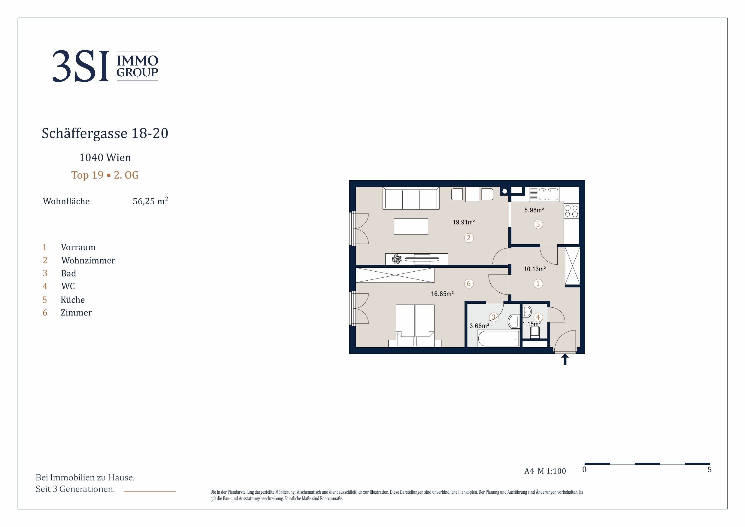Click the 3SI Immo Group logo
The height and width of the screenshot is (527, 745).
[x=105, y=66]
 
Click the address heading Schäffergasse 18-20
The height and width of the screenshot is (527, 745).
[x=105, y=133]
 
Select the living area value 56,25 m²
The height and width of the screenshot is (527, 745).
[x=150, y=201]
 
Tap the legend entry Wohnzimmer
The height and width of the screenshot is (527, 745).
[x=88, y=260]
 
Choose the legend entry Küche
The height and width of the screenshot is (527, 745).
[x=73, y=300]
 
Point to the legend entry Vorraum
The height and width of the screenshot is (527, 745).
[x=78, y=248]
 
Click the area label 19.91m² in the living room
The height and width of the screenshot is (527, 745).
[x=464, y=222]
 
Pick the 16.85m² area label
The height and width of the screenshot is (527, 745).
[x=442, y=294]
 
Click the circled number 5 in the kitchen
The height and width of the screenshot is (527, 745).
[x=538, y=224]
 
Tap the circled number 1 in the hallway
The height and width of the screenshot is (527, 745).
[x=538, y=283]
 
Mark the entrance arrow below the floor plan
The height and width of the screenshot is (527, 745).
[x=565, y=359]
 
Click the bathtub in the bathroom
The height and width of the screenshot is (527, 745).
[x=498, y=339]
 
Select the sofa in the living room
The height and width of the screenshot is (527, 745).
[x=411, y=198]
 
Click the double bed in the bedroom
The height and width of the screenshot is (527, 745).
[x=415, y=326]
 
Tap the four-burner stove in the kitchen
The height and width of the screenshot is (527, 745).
[x=571, y=211]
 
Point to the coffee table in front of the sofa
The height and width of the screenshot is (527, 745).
[x=411, y=226]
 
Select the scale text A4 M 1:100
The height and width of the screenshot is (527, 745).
[x=545, y=471]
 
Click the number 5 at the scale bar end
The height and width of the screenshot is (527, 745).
[x=709, y=470]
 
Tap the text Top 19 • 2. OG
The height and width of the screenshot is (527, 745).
[x=105, y=175]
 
